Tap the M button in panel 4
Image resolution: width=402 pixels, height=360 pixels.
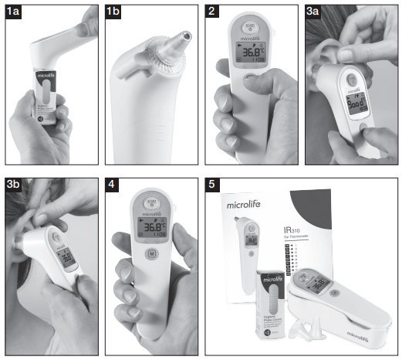[153, 252]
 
